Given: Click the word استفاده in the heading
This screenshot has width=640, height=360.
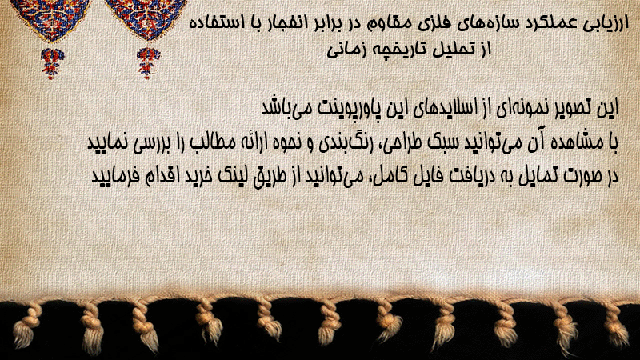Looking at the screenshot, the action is pyautogui.click(x=214, y=22).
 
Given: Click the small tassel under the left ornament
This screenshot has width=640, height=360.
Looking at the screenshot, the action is pyautogui.click(x=51, y=63).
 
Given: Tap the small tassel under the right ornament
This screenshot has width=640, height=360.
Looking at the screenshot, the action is pyautogui.click(x=148, y=62).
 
